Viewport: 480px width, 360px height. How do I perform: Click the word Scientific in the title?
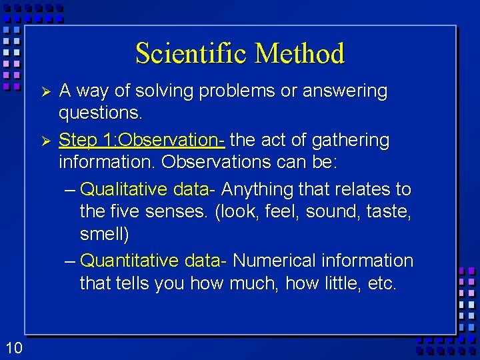pos(191,53)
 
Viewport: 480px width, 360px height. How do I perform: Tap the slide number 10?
pos(14,347)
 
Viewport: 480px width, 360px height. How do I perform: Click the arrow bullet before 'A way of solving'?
pos(45,91)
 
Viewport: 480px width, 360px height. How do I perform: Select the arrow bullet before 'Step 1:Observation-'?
pos(45,141)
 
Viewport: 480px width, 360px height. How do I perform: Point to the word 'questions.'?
pos(101,113)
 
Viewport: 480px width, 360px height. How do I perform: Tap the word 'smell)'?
pos(105,235)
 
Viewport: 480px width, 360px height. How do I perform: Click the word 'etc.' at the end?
pos(381,283)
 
